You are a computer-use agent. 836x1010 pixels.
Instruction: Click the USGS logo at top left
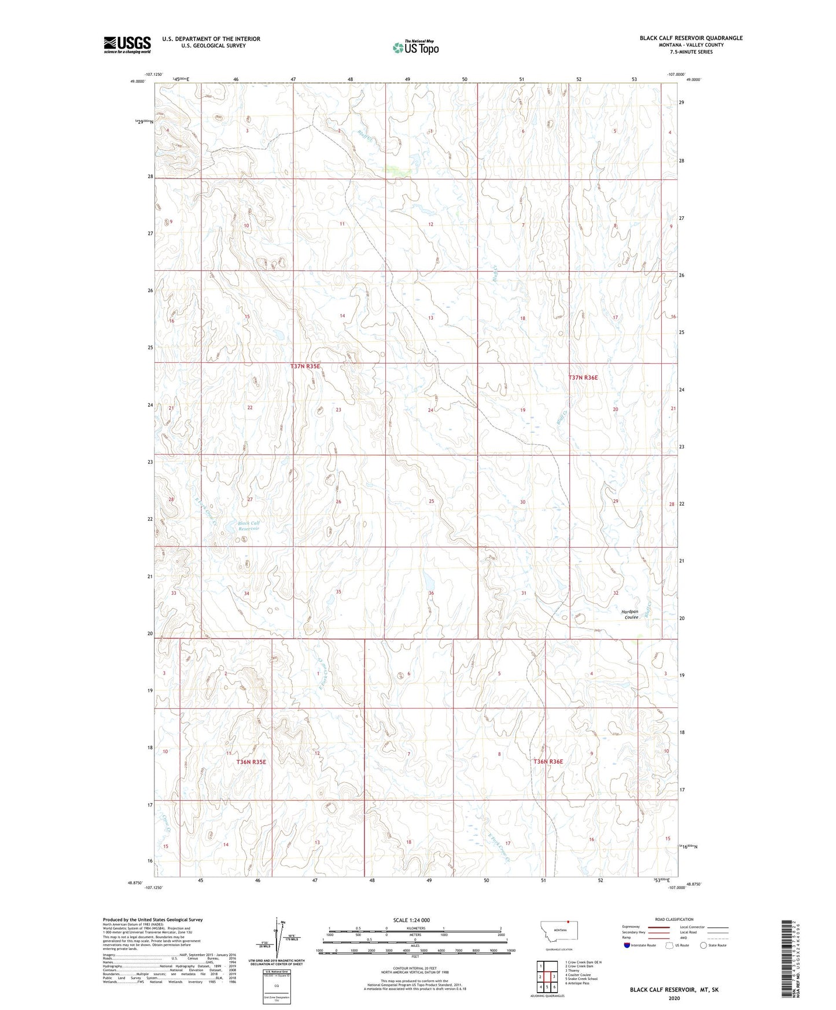pos(127,45)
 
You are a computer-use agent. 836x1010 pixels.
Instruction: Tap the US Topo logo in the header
pos(415,47)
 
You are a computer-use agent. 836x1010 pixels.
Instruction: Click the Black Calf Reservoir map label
pos(249,526)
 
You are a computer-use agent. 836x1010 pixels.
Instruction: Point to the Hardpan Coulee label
pos(630,614)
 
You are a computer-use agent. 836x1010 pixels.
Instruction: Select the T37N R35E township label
pos(305,366)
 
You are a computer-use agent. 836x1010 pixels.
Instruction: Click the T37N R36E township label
pos(583,378)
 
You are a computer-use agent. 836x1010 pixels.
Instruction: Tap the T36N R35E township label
pos(251,762)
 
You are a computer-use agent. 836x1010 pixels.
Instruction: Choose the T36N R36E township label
pos(548,762)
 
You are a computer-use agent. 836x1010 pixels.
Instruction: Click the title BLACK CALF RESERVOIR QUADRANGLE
pos(691,38)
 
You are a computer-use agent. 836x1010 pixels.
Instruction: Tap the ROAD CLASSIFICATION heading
pos(673,919)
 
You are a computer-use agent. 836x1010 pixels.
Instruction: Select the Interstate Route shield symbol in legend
pos(627,946)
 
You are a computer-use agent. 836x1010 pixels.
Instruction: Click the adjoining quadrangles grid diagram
pos(547,977)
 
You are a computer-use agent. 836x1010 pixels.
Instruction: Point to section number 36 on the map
pos(431,594)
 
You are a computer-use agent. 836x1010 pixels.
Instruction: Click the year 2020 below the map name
pos(674,998)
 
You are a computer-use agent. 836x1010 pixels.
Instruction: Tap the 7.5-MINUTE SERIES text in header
pos(691,52)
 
